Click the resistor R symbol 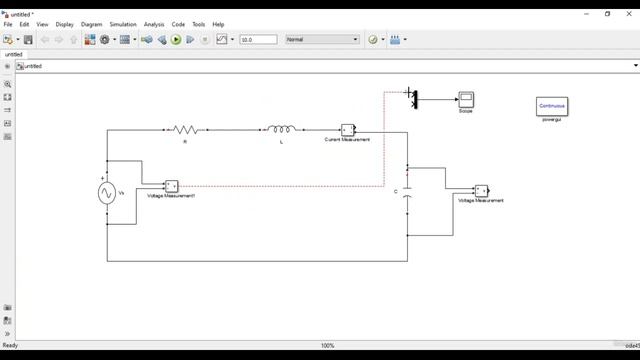coord(185,130)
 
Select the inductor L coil coord(281,130)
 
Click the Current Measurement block coord(347,130)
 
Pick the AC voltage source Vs coord(107,194)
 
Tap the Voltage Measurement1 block coord(171,186)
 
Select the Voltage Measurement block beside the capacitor coord(481,190)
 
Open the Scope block coord(465,99)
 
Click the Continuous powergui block coord(552,106)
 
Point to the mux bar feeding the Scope coord(415,98)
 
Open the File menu coord(8,24)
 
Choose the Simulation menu coord(123,24)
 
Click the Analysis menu coord(154,24)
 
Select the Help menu coord(218,24)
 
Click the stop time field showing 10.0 coord(258,40)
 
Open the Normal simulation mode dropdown coord(322,40)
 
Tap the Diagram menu coord(91,24)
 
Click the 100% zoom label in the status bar coord(327,346)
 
